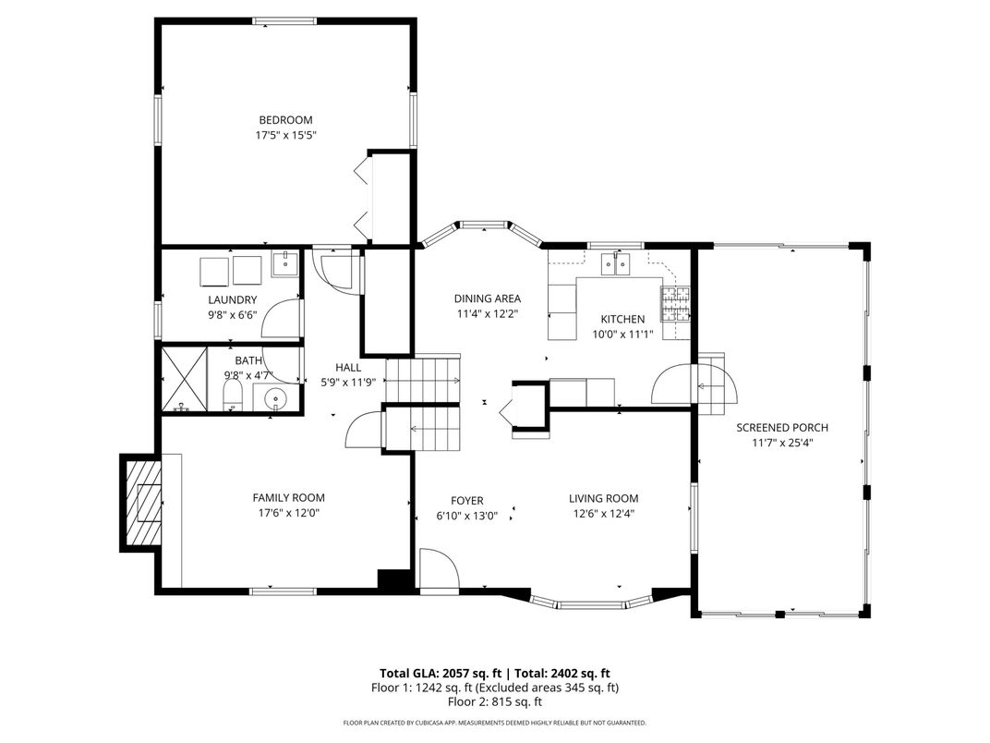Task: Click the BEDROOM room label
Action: click(x=285, y=120)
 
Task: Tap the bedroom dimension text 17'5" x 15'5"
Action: click(x=285, y=135)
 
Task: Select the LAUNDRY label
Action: click(x=233, y=300)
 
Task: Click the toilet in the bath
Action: click(x=233, y=396)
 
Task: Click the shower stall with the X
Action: click(x=185, y=379)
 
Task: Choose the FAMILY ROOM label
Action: click(x=288, y=498)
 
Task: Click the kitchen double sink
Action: click(x=616, y=263)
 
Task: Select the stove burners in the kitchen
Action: click(x=676, y=304)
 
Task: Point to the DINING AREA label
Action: click(x=488, y=298)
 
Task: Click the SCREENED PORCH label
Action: click(x=782, y=428)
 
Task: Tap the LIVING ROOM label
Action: click(x=604, y=498)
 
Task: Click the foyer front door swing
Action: click(x=438, y=569)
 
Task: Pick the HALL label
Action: click(x=348, y=367)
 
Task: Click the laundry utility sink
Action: click(x=286, y=264)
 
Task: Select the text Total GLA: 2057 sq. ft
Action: click(x=441, y=674)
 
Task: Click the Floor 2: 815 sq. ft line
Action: click(x=495, y=702)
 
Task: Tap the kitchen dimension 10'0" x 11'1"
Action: click(x=622, y=335)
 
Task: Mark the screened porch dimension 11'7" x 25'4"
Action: click(x=782, y=443)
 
